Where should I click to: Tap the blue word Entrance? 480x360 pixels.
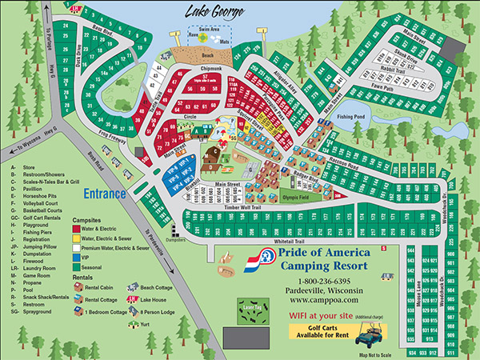pos(104,194)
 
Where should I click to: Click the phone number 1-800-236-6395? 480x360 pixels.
pos(319,281)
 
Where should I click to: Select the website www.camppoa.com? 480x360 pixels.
pos(319,300)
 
